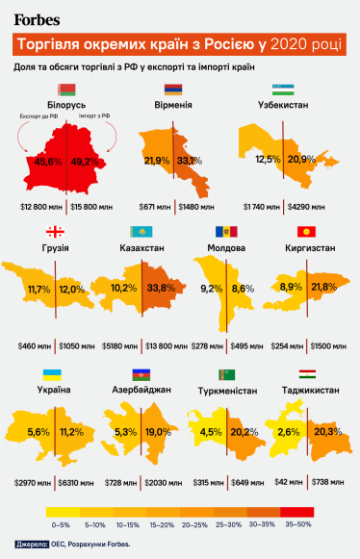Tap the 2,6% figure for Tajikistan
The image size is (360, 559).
tap(286, 432)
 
